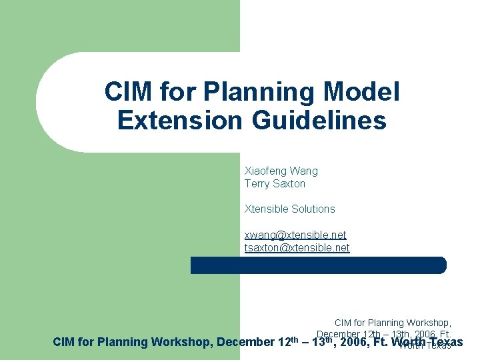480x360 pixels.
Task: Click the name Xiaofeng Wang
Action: [x=281, y=171]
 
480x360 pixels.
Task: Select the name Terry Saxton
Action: [x=275, y=183]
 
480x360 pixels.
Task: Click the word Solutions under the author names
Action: [x=313, y=209]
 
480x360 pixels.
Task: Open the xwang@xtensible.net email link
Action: [x=295, y=235]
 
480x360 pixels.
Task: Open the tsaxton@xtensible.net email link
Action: [x=297, y=247]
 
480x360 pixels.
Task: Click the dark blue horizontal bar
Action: [x=319, y=265]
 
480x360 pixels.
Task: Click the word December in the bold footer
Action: [x=245, y=343]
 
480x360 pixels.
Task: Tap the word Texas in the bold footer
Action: [x=446, y=343]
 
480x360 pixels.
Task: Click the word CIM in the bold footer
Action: [x=63, y=343]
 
